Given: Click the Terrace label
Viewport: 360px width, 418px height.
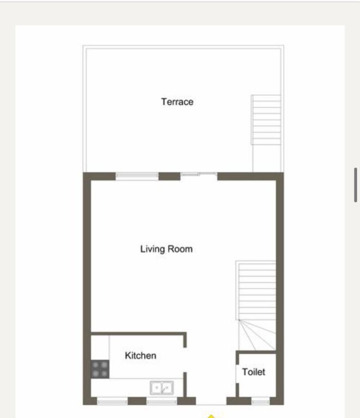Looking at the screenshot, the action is pos(177,102).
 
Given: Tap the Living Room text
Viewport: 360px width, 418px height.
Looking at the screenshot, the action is pos(167,249).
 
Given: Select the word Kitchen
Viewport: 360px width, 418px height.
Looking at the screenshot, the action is pos(140,355).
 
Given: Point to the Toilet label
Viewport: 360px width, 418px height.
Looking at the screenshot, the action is pos(253,372).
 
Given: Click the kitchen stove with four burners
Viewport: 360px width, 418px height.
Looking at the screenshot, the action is pos(100,369).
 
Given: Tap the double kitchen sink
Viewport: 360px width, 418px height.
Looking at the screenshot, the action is pos(161,388).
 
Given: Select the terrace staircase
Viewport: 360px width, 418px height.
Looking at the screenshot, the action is pos(266,120).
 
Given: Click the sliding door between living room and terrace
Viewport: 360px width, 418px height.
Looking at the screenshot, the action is pos(199,174).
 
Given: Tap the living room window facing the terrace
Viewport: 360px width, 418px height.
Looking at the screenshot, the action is pos(137,176).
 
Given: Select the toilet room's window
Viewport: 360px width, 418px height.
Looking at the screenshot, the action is pos(260,401).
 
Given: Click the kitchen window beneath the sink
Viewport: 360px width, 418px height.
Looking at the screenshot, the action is pos(161,401).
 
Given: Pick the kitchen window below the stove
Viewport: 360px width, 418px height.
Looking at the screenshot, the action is pos(112,401).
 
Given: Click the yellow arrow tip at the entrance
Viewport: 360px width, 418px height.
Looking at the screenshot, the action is pos(211,415).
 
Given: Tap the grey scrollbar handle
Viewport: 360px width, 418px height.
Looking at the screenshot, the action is pos(356,185).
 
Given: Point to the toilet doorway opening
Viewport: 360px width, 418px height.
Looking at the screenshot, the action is pos(237,374).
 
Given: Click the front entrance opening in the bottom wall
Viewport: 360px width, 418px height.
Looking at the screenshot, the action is pos(211,401).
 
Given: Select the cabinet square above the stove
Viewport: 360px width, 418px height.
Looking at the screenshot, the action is pos(100,347).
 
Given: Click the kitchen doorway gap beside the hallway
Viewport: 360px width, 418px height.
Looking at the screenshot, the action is pos(185,360).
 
